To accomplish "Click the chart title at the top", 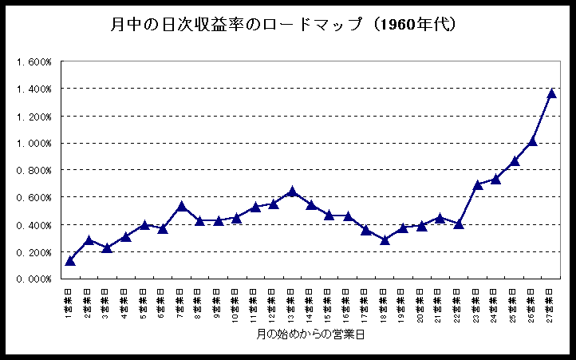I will point(283,26).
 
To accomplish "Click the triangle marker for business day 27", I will point(551,93).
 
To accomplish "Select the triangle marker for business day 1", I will point(70,260).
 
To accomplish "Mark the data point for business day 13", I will point(292,192).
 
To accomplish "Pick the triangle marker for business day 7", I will point(181,206).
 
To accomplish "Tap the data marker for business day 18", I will point(385,239).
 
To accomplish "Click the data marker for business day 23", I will point(477,184).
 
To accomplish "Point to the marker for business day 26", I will point(532,141).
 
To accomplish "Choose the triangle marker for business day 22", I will point(459,224).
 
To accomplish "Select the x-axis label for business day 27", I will point(551,303).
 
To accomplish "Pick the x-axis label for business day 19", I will point(403,303).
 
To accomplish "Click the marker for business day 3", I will point(107,247).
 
